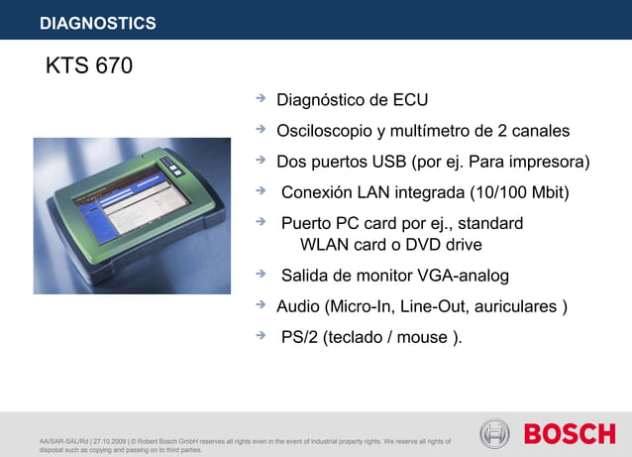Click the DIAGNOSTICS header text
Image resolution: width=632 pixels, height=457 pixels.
point(98,23)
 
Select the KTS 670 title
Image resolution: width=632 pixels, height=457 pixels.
point(89,67)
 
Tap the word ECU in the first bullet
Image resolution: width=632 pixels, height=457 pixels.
point(410,100)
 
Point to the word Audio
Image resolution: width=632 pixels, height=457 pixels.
point(300,306)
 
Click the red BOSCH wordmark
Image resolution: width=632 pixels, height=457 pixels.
point(570,433)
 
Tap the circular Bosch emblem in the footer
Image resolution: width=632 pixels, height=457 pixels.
point(494,433)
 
